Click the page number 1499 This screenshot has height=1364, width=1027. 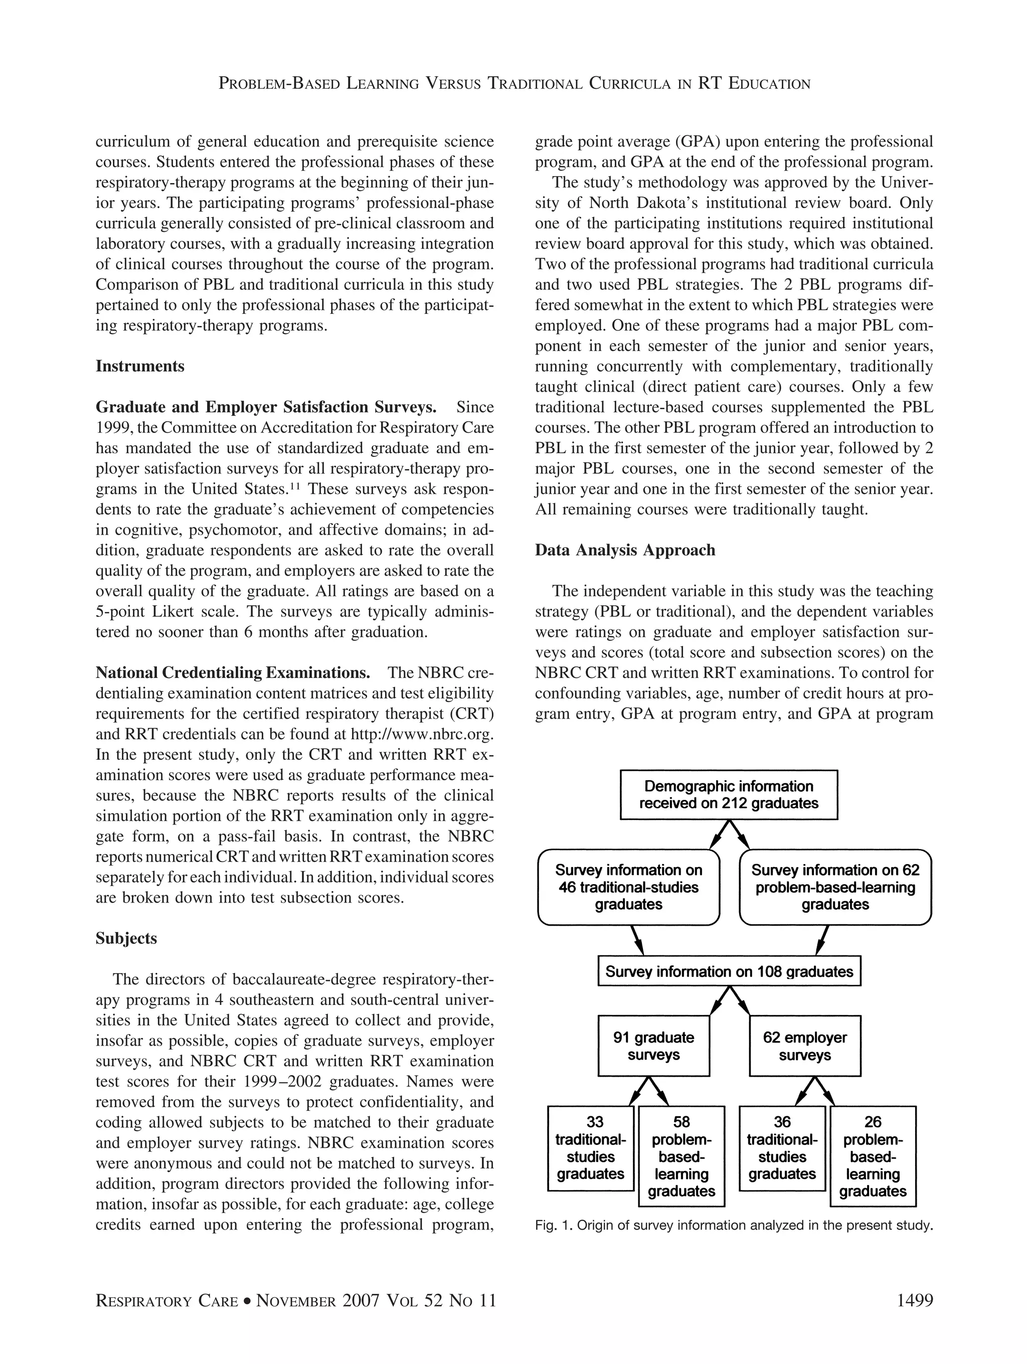(x=915, y=1301)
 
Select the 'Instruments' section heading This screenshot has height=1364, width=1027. (x=140, y=366)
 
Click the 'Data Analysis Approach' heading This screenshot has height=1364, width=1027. (x=625, y=550)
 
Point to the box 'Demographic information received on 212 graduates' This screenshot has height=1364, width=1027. (x=729, y=795)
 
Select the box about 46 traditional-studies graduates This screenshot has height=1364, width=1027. (x=628, y=887)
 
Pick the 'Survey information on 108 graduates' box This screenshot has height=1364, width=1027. (x=729, y=972)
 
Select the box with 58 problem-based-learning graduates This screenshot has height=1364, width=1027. (x=681, y=1156)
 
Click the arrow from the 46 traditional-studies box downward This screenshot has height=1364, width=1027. (x=637, y=940)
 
